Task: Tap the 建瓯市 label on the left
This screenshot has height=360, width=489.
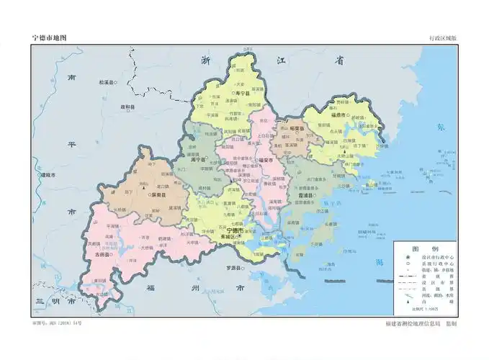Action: [50, 175]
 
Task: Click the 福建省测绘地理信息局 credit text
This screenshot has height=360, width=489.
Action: [413, 324]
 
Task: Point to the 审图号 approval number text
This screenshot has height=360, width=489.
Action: [58, 323]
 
